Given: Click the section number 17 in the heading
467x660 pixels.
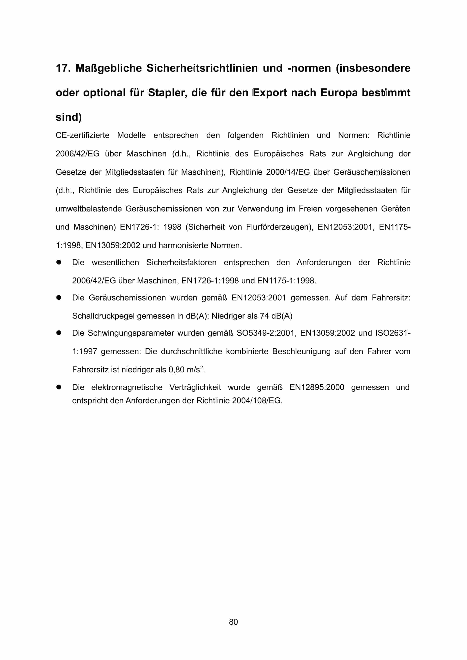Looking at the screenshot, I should point(62,68).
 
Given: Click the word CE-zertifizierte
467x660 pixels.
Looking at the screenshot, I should point(83,135).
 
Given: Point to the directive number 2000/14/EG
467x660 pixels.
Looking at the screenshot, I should point(288,172).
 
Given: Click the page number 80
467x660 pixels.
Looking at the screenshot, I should point(233,622).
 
